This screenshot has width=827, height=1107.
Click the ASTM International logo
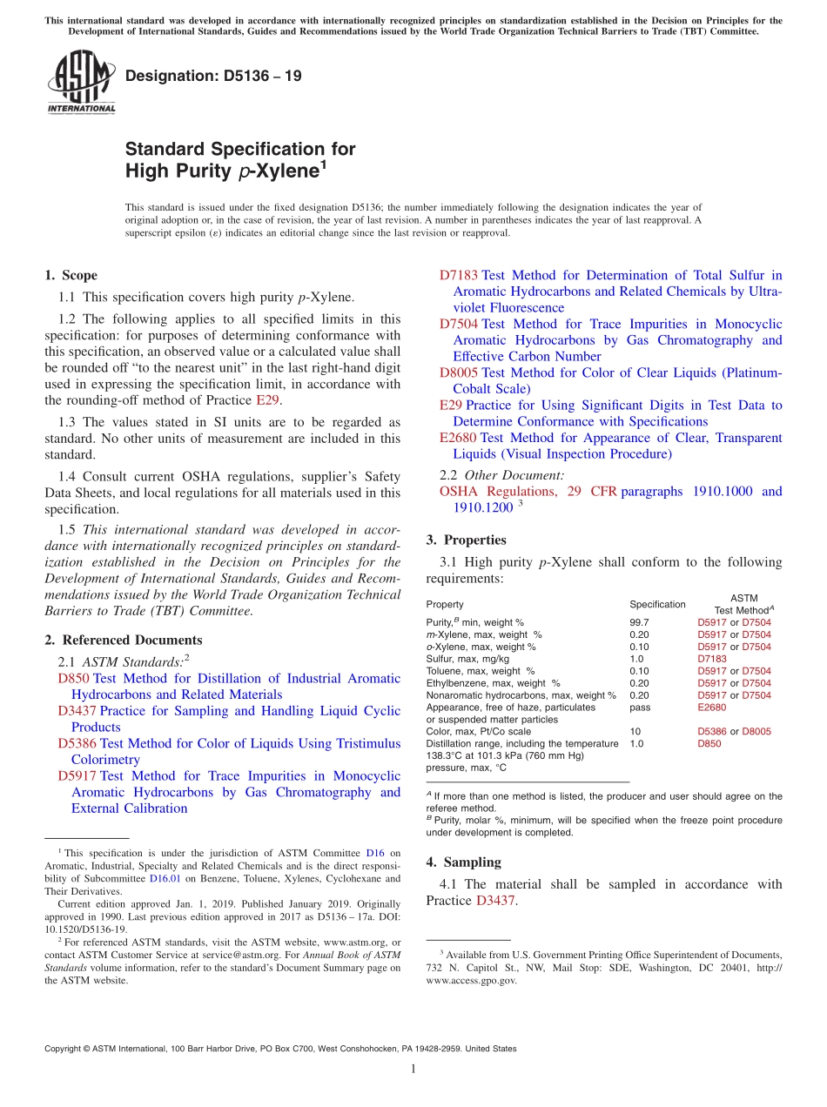pos(80,84)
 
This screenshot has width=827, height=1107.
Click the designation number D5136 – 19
pos(213,76)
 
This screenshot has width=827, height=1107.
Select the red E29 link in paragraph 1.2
pos(266,400)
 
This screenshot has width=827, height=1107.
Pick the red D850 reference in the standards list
pos(73,678)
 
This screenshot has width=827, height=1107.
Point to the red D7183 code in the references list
pos(458,275)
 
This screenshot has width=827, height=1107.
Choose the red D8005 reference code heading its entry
pos(458,372)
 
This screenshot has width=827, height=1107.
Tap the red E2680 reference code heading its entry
pos(458,438)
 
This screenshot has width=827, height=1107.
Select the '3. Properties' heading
pos(467,540)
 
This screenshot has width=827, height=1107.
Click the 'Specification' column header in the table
pos(657,604)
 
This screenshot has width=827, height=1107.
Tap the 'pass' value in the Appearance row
pos(639,708)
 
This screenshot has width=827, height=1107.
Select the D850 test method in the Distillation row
pos(709,744)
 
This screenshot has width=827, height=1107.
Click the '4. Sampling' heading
pos(463,862)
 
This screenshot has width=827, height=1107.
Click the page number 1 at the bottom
pos(413,1069)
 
